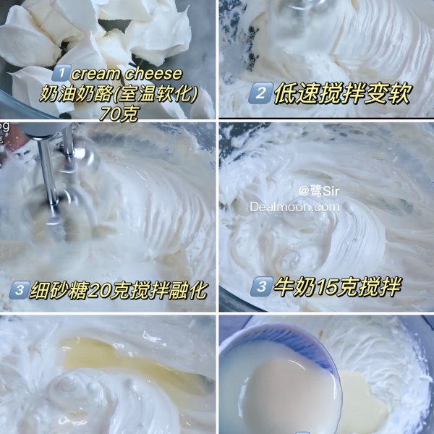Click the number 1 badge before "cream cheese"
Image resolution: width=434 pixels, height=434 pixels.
click(62, 75)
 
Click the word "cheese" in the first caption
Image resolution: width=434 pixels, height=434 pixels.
click(154, 75)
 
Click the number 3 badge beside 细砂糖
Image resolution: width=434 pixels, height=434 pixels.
click(20, 291)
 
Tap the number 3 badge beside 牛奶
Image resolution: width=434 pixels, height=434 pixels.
click(260, 287)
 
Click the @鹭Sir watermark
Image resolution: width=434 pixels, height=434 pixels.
click(319, 191)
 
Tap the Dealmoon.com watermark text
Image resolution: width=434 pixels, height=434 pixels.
click(294, 207)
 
